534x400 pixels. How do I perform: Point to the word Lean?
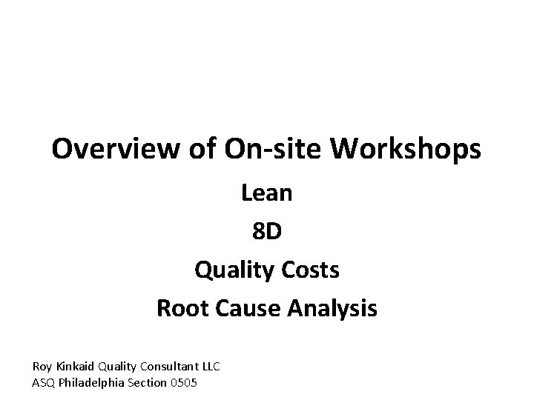(267, 194)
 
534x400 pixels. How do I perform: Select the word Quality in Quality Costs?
(231, 270)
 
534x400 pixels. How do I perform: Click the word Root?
(180, 308)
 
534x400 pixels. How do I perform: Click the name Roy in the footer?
(42, 366)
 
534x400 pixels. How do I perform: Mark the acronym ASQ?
(43, 382)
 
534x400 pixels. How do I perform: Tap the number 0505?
(183, 382)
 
